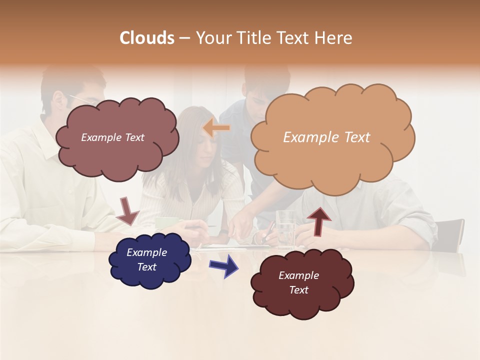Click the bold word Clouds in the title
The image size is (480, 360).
(x=147, y=38)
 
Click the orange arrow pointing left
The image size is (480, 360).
(x=216, y=128)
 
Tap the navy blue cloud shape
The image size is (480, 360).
(x=149, y=260)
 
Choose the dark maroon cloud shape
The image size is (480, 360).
(x=301, y=283)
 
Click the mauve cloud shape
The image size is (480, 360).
(x=117, y=138)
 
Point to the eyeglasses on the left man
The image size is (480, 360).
(x=82, y=99)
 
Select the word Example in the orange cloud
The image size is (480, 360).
(x=305, y=137)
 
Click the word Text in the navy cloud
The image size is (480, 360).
(x=147, y=267)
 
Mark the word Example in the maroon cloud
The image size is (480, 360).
(x=298, y=275)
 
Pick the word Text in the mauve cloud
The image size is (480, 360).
(x=133, y=137)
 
